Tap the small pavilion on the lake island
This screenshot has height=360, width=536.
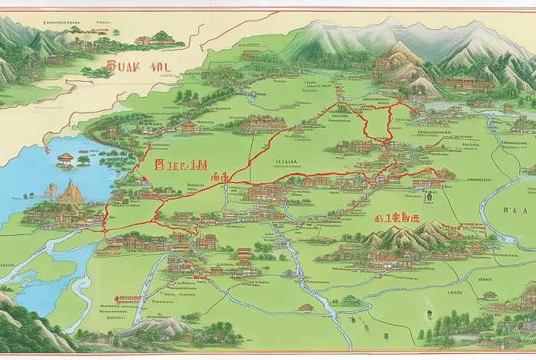tap(66, 159)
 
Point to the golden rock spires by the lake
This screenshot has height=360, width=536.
tap(70, 191)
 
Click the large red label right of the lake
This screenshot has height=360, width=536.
tap(180, 165)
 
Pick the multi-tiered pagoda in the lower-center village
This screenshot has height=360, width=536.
tap(243, 257)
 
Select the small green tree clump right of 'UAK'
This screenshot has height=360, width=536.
tap(98, 73)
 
